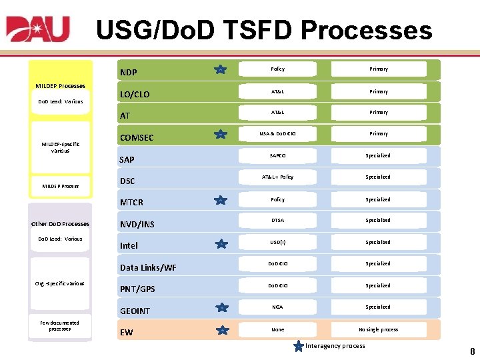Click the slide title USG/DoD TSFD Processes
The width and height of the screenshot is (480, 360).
[264, 31]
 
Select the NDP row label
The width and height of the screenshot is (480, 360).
[128, 72]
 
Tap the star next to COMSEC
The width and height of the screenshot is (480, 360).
[220, 135]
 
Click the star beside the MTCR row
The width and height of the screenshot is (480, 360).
[220, 199]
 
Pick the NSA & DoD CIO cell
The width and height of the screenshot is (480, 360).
[278, 134]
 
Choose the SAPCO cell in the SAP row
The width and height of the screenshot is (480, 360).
[278, 156]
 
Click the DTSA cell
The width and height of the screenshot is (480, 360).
[278, 221]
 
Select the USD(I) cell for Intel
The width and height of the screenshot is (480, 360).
[278, 243]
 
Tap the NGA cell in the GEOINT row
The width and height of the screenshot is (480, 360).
[278, 307]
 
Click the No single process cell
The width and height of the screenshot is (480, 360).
[379, 329]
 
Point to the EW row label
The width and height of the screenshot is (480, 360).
[126, 332]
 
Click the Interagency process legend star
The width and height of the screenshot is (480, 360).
[299, 345]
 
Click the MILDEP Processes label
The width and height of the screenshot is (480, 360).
[60, 86]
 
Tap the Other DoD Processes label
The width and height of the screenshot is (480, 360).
[60, 224]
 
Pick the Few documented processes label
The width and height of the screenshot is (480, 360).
[60, 325]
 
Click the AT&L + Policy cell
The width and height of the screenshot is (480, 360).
[278, 177]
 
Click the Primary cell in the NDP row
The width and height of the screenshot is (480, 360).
[379, 69]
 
